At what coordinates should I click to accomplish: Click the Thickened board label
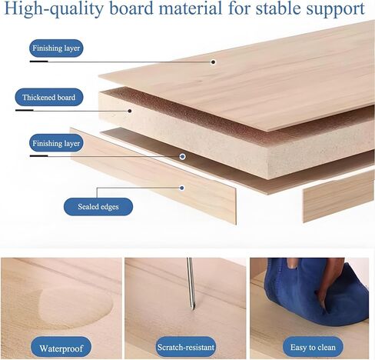pos(49,97)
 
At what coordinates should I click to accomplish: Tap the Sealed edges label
pos(98,207)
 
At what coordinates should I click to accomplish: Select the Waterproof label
pos(61,348)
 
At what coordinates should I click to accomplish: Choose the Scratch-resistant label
pos(186,347)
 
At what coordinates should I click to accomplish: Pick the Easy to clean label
pos(313,347)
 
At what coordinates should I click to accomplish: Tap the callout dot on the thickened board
pos(130,111)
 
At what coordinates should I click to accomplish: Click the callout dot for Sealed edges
pos(182,188)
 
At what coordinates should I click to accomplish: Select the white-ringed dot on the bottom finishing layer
pos(182,156)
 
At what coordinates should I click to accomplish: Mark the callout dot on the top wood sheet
pos(213,62)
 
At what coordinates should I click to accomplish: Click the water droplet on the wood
pos(75,306)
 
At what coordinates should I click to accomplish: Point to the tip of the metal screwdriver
pos(193,308)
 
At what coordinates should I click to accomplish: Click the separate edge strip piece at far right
pos(338,197)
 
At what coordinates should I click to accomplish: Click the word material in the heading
pos(191,8)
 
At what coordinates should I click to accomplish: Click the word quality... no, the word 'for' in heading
pos(239,8)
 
